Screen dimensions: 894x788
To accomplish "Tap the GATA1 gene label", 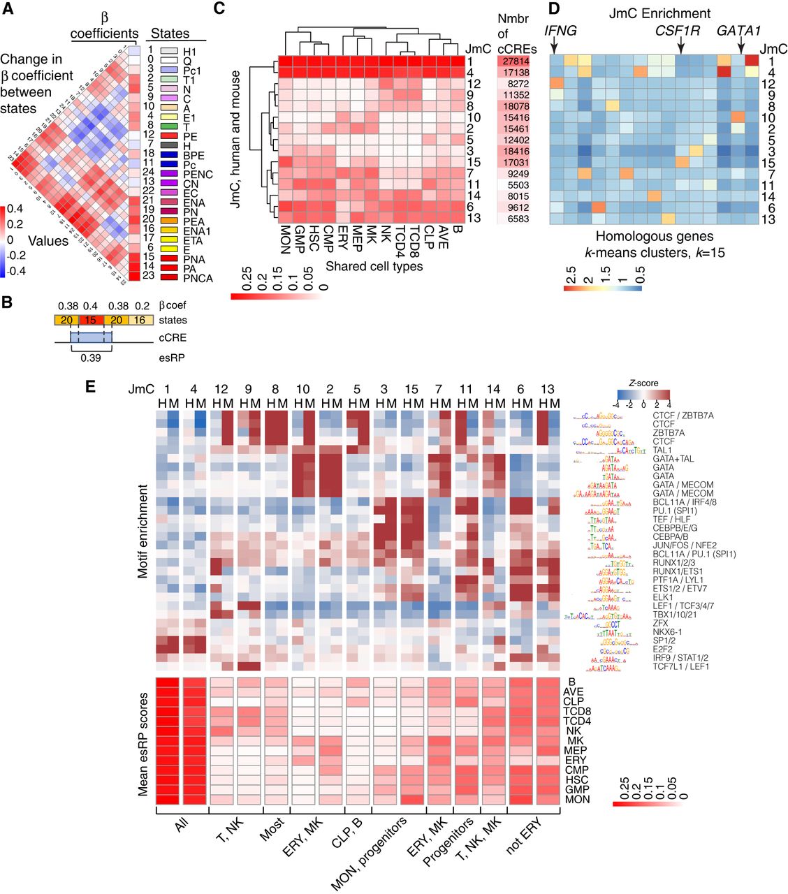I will (x=738, y=30).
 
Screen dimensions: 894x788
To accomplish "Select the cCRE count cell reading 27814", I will (x=518, y=61).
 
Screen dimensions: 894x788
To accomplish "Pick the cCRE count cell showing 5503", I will (x=518, y=185).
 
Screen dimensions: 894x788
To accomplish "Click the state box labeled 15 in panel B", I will (x=89, y=320).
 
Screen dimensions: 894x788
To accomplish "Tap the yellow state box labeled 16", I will (x=140, y=320).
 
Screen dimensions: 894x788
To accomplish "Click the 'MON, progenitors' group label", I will (x=370, y=852).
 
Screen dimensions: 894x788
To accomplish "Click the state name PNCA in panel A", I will (x=198, y=278).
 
